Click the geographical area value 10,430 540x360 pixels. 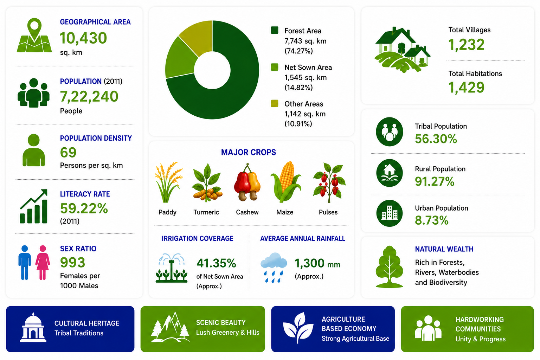pyautogui.click(x=83, y=38)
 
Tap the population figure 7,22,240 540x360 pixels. pyautogui.click(x=89, y=96)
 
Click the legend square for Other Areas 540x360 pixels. pyautogui.click(x=275, y=103)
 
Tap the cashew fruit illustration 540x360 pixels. pyautogui.click(x=247, y=182)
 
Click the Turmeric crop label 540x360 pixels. pyautogui.click(x=206, y=212)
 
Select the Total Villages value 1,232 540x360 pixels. pyautogui.click(x=466, y=45)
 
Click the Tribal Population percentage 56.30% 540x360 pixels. pyautogui.click(x=436, y=139)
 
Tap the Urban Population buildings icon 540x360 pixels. pyautogui.click(x=389, y=213)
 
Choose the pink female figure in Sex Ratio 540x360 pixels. pyautogui.click(x=43, y=262)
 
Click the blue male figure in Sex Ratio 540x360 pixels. pyautogui.click(x=25, y=262)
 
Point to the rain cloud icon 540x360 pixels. pyautogui.click(x=274, y=267)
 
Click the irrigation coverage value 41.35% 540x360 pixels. pyautogui.click(x=216, y=263)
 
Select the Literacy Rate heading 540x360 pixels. pyautogui.click(x=85, y=194)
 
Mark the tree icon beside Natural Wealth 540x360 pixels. pyautogui.click(x=389, y=267)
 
